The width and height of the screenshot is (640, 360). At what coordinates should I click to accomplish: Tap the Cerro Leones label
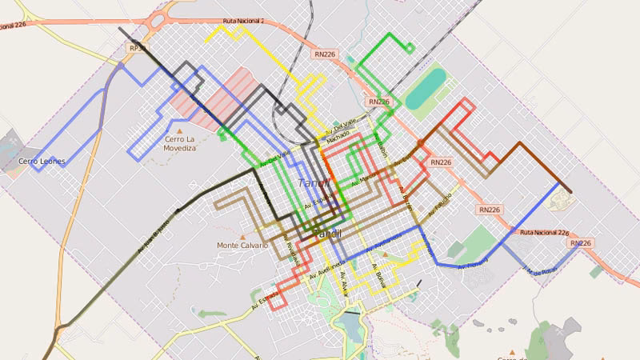coord(42,162)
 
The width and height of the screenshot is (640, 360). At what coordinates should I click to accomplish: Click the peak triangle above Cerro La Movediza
coord(180,130)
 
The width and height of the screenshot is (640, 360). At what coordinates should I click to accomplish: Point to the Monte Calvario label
coord(242,245)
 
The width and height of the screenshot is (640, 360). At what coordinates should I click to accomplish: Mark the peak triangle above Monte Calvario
coord(242,234)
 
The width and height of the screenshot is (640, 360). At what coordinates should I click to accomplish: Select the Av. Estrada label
coord(266,301)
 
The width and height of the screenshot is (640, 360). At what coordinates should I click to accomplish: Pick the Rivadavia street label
coord(294,253)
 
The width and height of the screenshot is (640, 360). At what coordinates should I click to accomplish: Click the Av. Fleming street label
coord(472,264)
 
